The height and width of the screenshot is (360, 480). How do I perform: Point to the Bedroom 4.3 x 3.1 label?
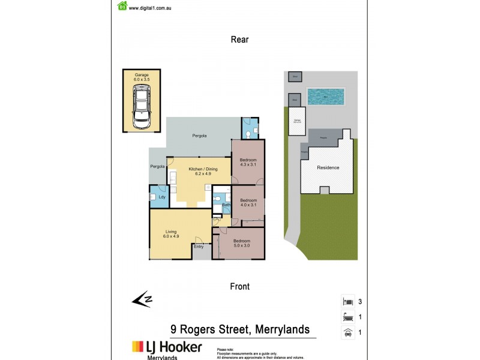[x=248, y=162]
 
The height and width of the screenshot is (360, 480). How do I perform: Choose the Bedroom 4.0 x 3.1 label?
[x=248, y=203]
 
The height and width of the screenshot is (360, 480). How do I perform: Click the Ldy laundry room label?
[x=161, y=196]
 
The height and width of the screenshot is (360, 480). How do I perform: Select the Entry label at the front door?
[x=199, y=246]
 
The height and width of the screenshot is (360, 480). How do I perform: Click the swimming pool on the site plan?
[x=325, y=96]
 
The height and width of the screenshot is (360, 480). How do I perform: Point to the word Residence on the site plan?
[x=328, y=167]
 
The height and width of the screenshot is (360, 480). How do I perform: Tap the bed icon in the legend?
[x=346, y=301]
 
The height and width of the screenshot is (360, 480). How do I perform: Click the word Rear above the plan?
[x=239, y=40]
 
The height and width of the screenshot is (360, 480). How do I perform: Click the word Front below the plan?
[x=239, y=287]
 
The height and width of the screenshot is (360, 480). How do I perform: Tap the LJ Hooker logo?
[x=167, y=347]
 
